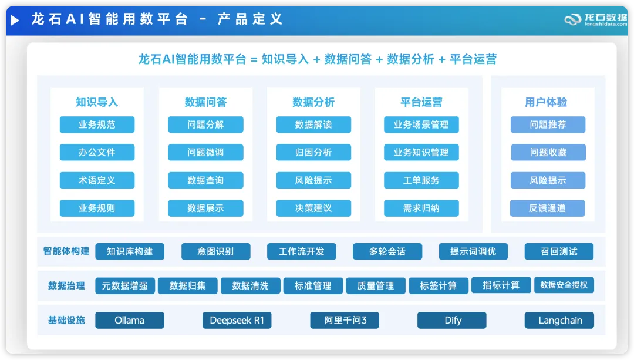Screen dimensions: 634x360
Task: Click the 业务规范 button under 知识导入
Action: point(97,125)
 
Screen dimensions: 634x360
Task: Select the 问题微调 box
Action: point(205,152)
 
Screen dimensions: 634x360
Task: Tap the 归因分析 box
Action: point(313,152)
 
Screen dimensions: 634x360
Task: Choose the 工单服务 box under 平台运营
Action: point(421,180)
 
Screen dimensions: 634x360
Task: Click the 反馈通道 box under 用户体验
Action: point(548,208)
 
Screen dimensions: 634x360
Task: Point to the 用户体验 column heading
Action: point(546,102)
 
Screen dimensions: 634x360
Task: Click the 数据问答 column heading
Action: point(205,102)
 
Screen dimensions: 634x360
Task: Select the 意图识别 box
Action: point(215,251)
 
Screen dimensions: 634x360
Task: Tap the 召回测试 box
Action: point(559,251)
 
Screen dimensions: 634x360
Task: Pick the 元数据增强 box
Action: point(125,285)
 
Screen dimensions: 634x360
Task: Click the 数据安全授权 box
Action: point(564,285)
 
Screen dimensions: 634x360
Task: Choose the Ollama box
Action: point(129,321)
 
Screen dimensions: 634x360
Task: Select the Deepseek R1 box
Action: point(237,321)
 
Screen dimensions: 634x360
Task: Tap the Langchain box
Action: point(559,321)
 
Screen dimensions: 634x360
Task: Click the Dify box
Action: point(451,321)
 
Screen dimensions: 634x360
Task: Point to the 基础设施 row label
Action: point(66,321)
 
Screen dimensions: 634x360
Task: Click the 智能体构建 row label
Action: point(66,251)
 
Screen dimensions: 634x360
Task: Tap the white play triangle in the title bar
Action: point(15,20)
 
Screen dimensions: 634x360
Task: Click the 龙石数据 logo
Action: point(596,19)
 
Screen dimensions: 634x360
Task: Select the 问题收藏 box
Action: point(548,152)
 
